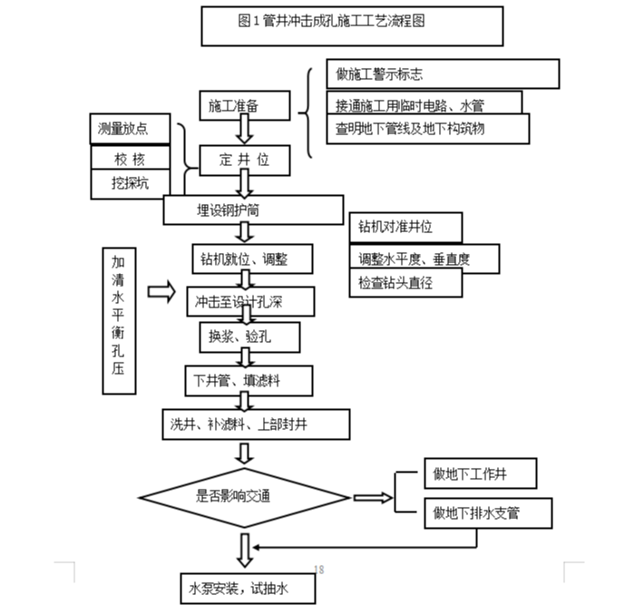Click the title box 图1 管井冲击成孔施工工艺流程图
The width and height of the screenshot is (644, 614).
pyautogui.click(x=352, y=25)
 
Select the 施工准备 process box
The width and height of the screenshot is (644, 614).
pyautogui.click(x=245, y=106)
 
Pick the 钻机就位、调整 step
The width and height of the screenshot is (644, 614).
pyautogui.click(x=252, y=258)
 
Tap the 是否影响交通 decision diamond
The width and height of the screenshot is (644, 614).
pyautogui.click(x=245, y=496)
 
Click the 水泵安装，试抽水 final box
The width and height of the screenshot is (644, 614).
pyautogui.click(x=248, y=589)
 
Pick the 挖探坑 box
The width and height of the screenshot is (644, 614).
pyautogui.click(x=132, y=183)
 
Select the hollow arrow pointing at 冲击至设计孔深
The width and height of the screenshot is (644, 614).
pyautogui.click(x=161, y=292)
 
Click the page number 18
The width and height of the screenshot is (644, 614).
pyautogui.click(x=319, y=570)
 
